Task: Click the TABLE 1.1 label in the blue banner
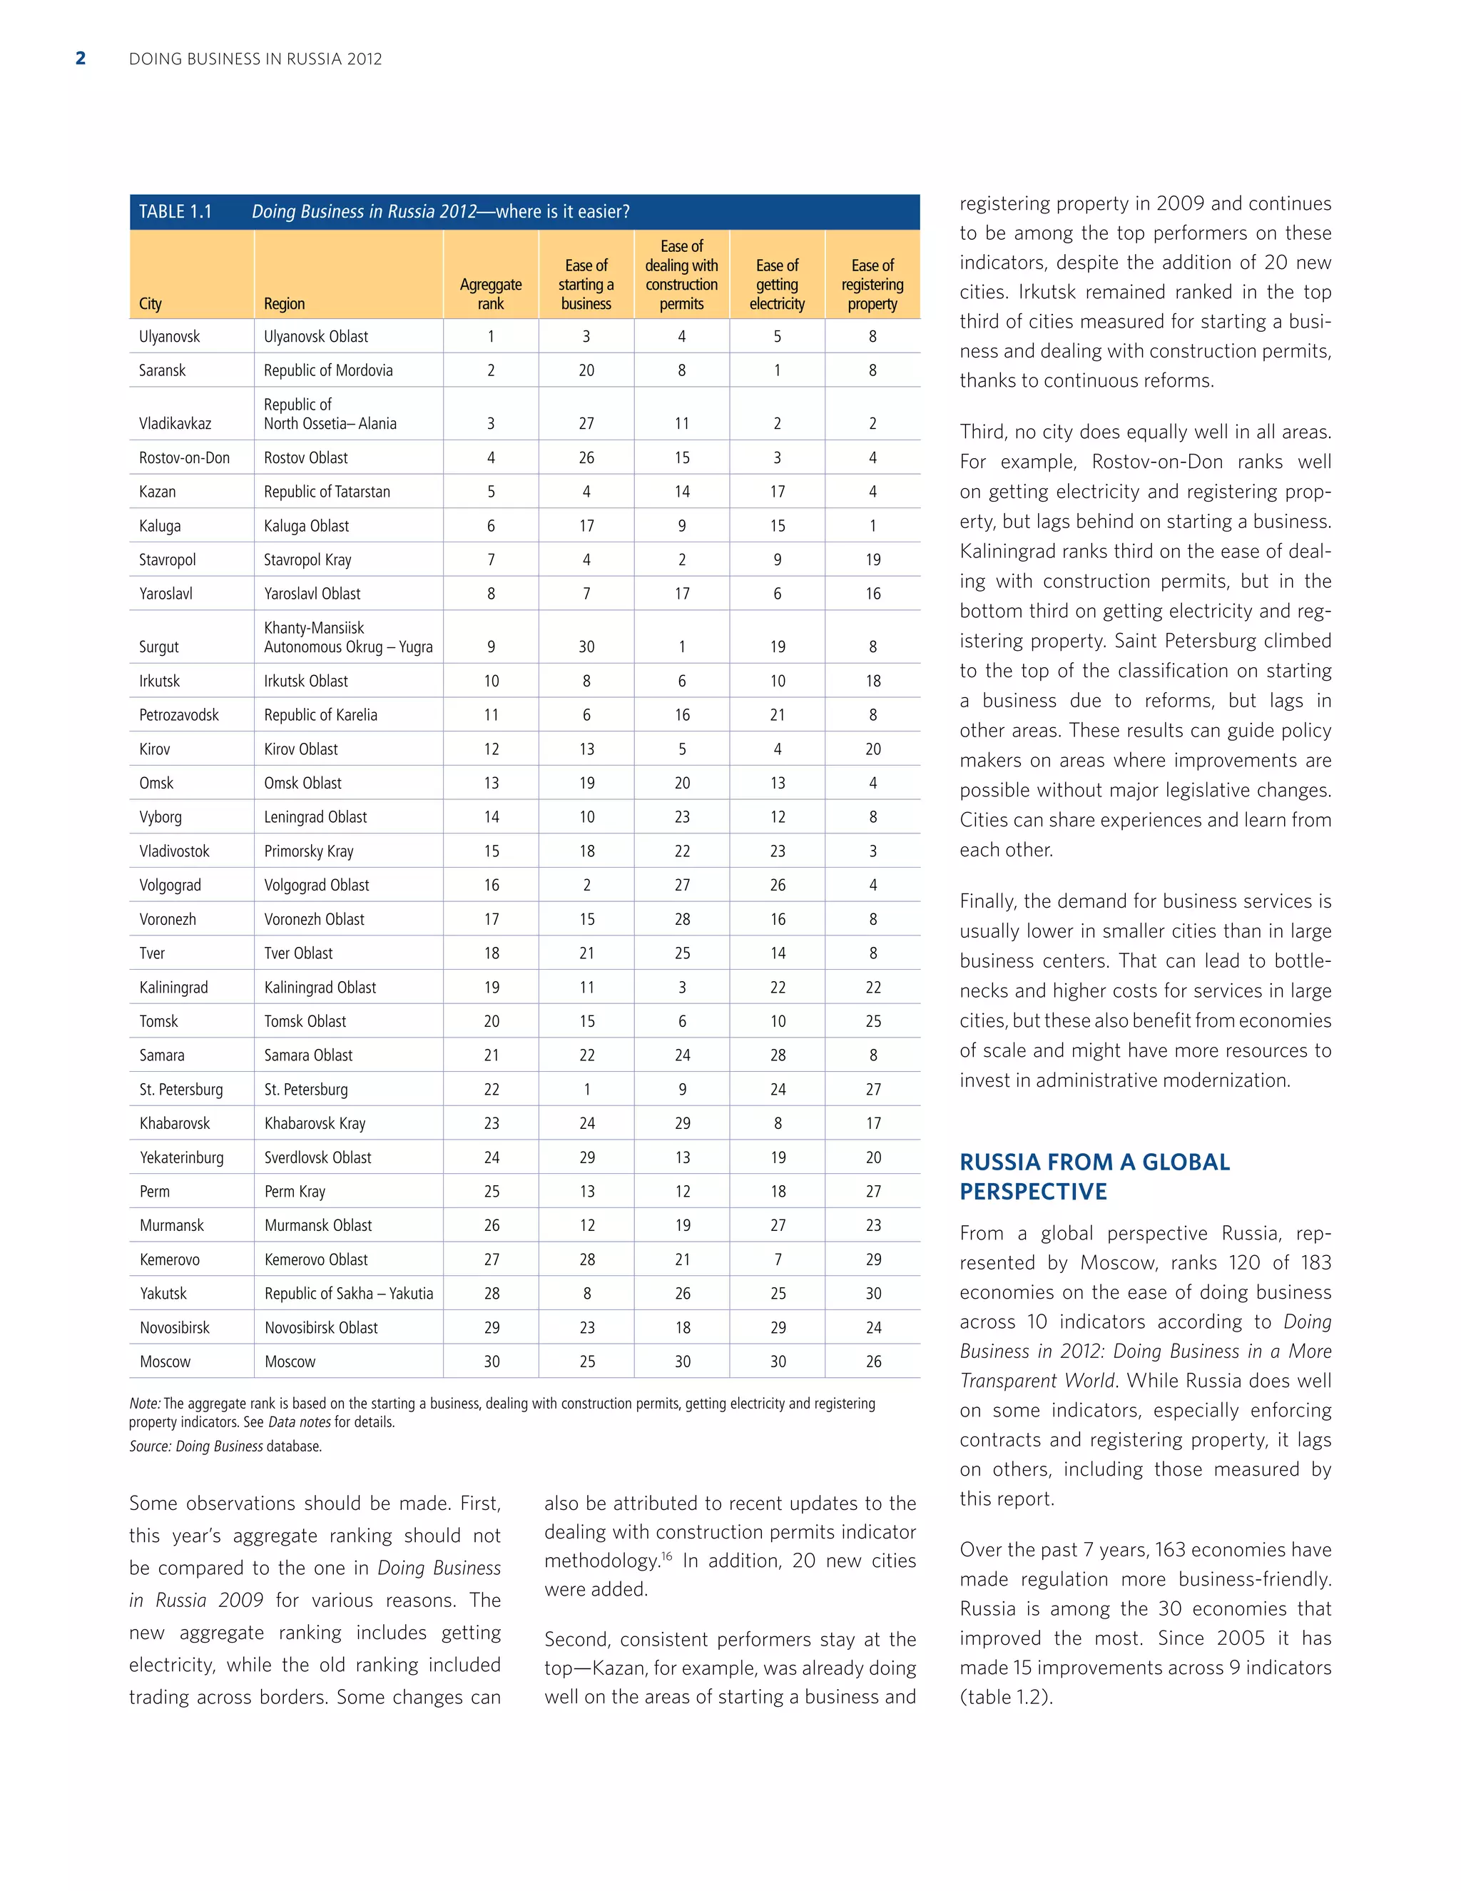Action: pyautogui.click(x=175, y=211)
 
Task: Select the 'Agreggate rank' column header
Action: pyautogui.click(x=491, y=293)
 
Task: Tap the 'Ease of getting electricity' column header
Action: pyautogui.click(x=778, y=284)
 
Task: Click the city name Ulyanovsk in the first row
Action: pyautogui.click(x=170, y=336)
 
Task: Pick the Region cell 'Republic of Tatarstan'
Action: pyautogui.click(x=327, y=491)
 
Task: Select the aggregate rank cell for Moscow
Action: pyautogui.click(x=491, y=1361)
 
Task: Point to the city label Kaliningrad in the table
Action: pyautogui.click(x=174, y=987)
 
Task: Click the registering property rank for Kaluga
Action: pyautogui.click(x=872, y=526)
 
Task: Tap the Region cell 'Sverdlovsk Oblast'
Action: pyautogui.click(x=317, y=1157)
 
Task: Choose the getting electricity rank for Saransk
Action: pyautogui.click(x=778, y=370)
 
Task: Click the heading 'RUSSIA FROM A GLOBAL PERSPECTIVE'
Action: pyautogui.click(x=1094, y=1176)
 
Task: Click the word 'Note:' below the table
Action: pyautogui.click(x=145, y=1404)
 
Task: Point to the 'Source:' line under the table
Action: pyautogui.click(x=225, y=1446)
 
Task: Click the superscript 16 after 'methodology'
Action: pyautogui.click(x=666, y=1556)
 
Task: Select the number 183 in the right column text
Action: pyautogui.click(x=1315, y=1262)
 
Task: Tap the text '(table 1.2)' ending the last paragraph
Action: pyautogui.click(x=1006, y=1697)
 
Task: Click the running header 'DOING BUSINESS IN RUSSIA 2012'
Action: pyautogui.click(x=255, y=59)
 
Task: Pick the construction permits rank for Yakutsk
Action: pyautogui.click(x=682, y=1293)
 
